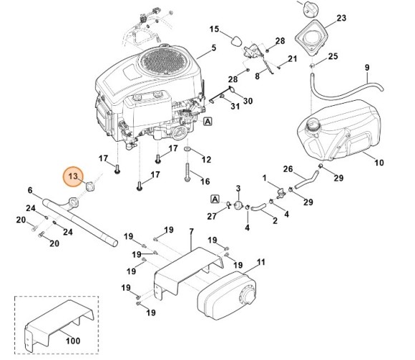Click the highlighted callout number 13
click(73, 175)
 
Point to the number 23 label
click(361, 18)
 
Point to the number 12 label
click(205, 159)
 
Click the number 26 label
click(287, 170)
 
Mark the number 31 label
click(235, 107)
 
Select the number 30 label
click(248, 101)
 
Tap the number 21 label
click(292, 58)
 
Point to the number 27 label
click(210, 215)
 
